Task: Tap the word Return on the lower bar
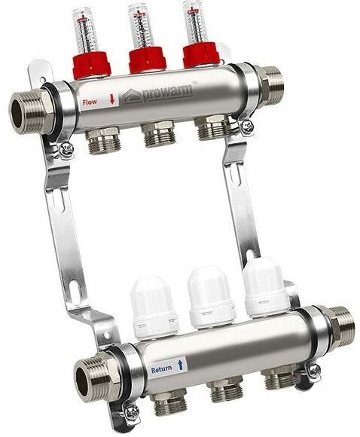click(x=162, y=370)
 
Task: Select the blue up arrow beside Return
click(x=181, y=365)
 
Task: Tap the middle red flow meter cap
click(x=147, y=60)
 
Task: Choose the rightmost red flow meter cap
click(x=202, y=54)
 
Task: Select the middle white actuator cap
click(x=210, y=296)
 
